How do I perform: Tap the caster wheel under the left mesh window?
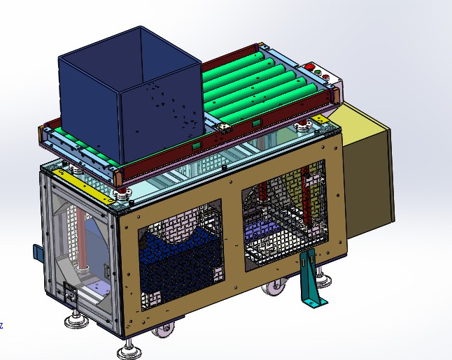tap(164, 331)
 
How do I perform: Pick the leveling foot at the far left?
tap(74, 320)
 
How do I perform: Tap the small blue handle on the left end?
tap(36, 252)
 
